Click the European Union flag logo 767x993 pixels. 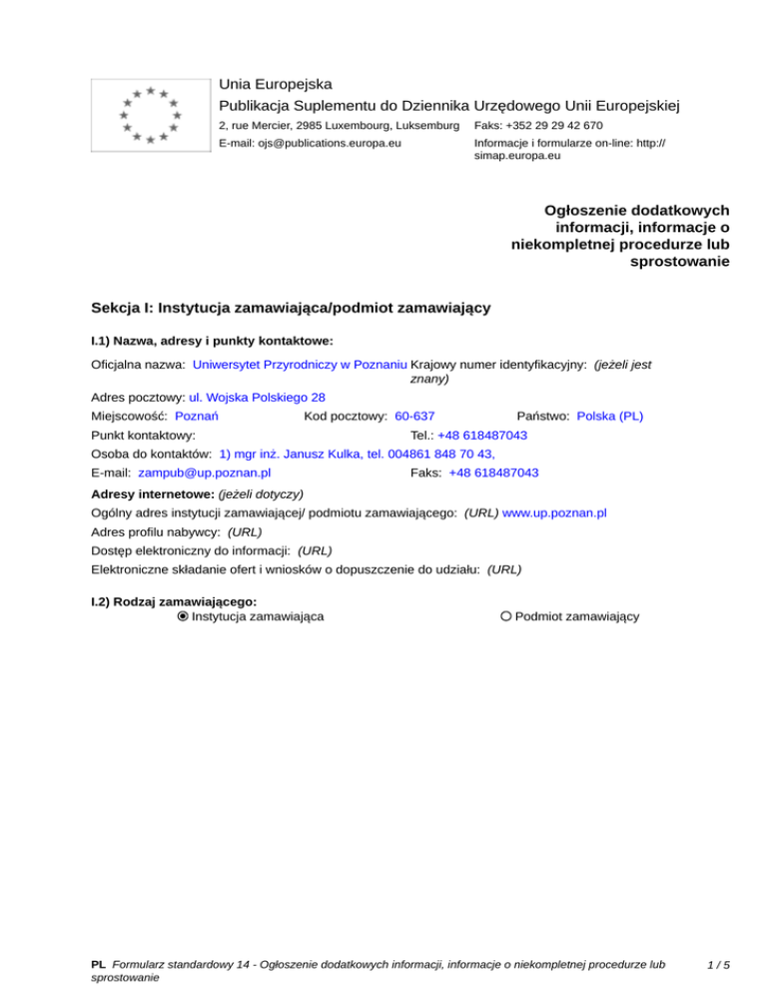[x=150, y=115]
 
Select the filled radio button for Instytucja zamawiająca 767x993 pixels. [x=183, y=616]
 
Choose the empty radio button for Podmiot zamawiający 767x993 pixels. [x=506, y=616]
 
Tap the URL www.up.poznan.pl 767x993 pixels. [x=555, y=512]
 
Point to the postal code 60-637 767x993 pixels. [x=413, y=416]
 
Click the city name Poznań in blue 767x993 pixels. [x=197, y=416]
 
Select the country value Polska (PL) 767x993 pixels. [x=610, y=416]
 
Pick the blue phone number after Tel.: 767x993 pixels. [x=482, y=436]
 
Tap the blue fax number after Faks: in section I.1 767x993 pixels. [x=494, y=473]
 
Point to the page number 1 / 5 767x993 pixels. [x=717, y=965]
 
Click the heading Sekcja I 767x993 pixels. [x=290, y=308]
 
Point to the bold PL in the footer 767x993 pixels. [x=98, y=965]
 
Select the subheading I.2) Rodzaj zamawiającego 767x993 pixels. [x=174, y=601]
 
